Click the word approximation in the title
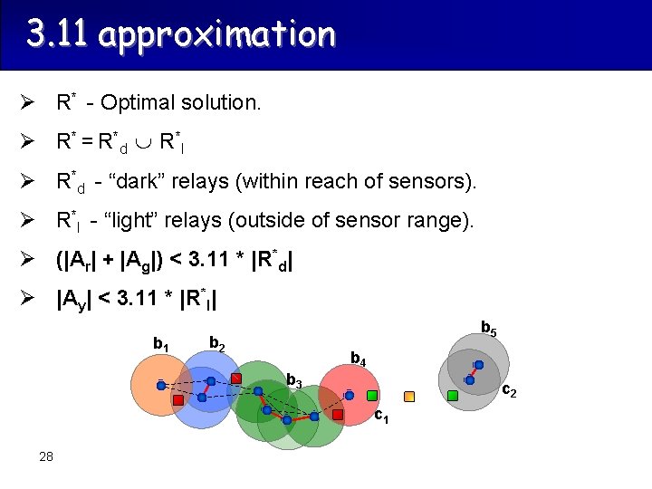(x=217, y=34)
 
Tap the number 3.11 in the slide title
(x=59, y=34)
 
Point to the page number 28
(x=46, y=455)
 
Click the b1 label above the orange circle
(x=161, y=344)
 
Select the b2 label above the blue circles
(x=217, y=342)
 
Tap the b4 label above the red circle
(x=359, y=360)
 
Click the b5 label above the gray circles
(x=488, y=327)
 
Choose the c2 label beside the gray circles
(x=509, y=391)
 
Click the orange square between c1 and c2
(x=409, y=396)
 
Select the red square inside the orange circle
(x=178, y=399)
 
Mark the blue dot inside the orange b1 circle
(x=161, y=385)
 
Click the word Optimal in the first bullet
(x=133, y=102)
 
